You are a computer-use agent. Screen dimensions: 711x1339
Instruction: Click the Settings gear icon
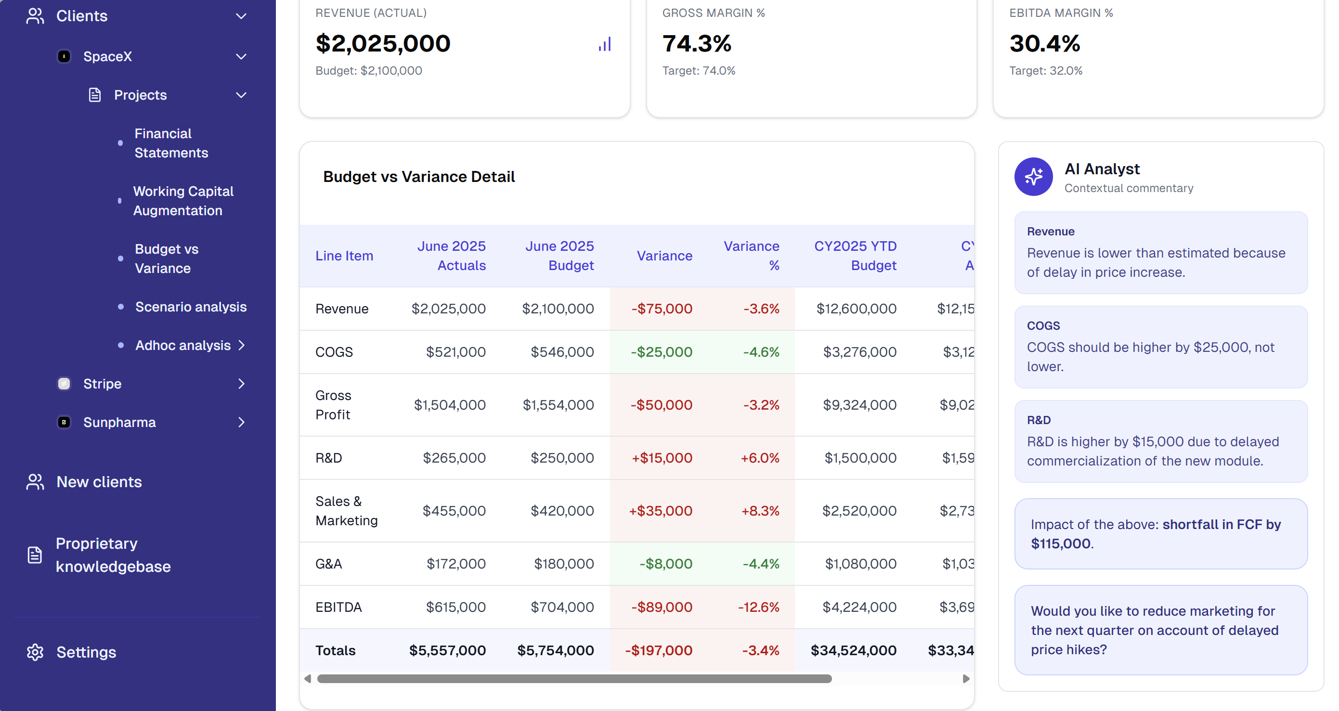point(35,652)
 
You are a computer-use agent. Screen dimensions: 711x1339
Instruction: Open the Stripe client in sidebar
point(103,384)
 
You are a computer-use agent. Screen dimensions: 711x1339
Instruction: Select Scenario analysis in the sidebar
point(191,307)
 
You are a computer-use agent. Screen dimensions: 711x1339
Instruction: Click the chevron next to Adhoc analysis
point(242,345)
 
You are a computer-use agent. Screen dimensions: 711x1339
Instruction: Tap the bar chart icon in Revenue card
point(605,44)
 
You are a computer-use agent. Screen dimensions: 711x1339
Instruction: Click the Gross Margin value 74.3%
point(697,44)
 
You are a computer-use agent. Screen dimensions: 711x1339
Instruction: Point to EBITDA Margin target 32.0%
point(1045,71)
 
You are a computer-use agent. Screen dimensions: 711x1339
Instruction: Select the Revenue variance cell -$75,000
point(661,309)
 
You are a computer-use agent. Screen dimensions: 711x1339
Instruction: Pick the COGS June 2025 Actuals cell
point(455,352)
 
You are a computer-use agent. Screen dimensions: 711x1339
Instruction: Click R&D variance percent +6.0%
point(759,458)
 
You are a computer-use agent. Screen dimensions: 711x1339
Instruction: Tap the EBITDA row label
point(338,607)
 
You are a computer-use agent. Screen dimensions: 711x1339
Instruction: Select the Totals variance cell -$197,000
point(658,650)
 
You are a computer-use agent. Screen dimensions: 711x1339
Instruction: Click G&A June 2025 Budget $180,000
point(563,563)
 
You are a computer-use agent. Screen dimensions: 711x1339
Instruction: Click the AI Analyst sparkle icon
point(1033,177)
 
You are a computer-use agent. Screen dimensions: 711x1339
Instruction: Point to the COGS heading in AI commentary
point(1043,325)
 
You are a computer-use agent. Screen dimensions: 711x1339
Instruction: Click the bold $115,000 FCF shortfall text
point(1060,543)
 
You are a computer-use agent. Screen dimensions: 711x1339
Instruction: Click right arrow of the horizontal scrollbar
point(966,678)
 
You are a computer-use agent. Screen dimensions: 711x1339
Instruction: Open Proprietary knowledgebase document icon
point(35,555)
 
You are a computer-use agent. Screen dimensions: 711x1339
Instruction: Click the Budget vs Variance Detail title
point(419,177)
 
